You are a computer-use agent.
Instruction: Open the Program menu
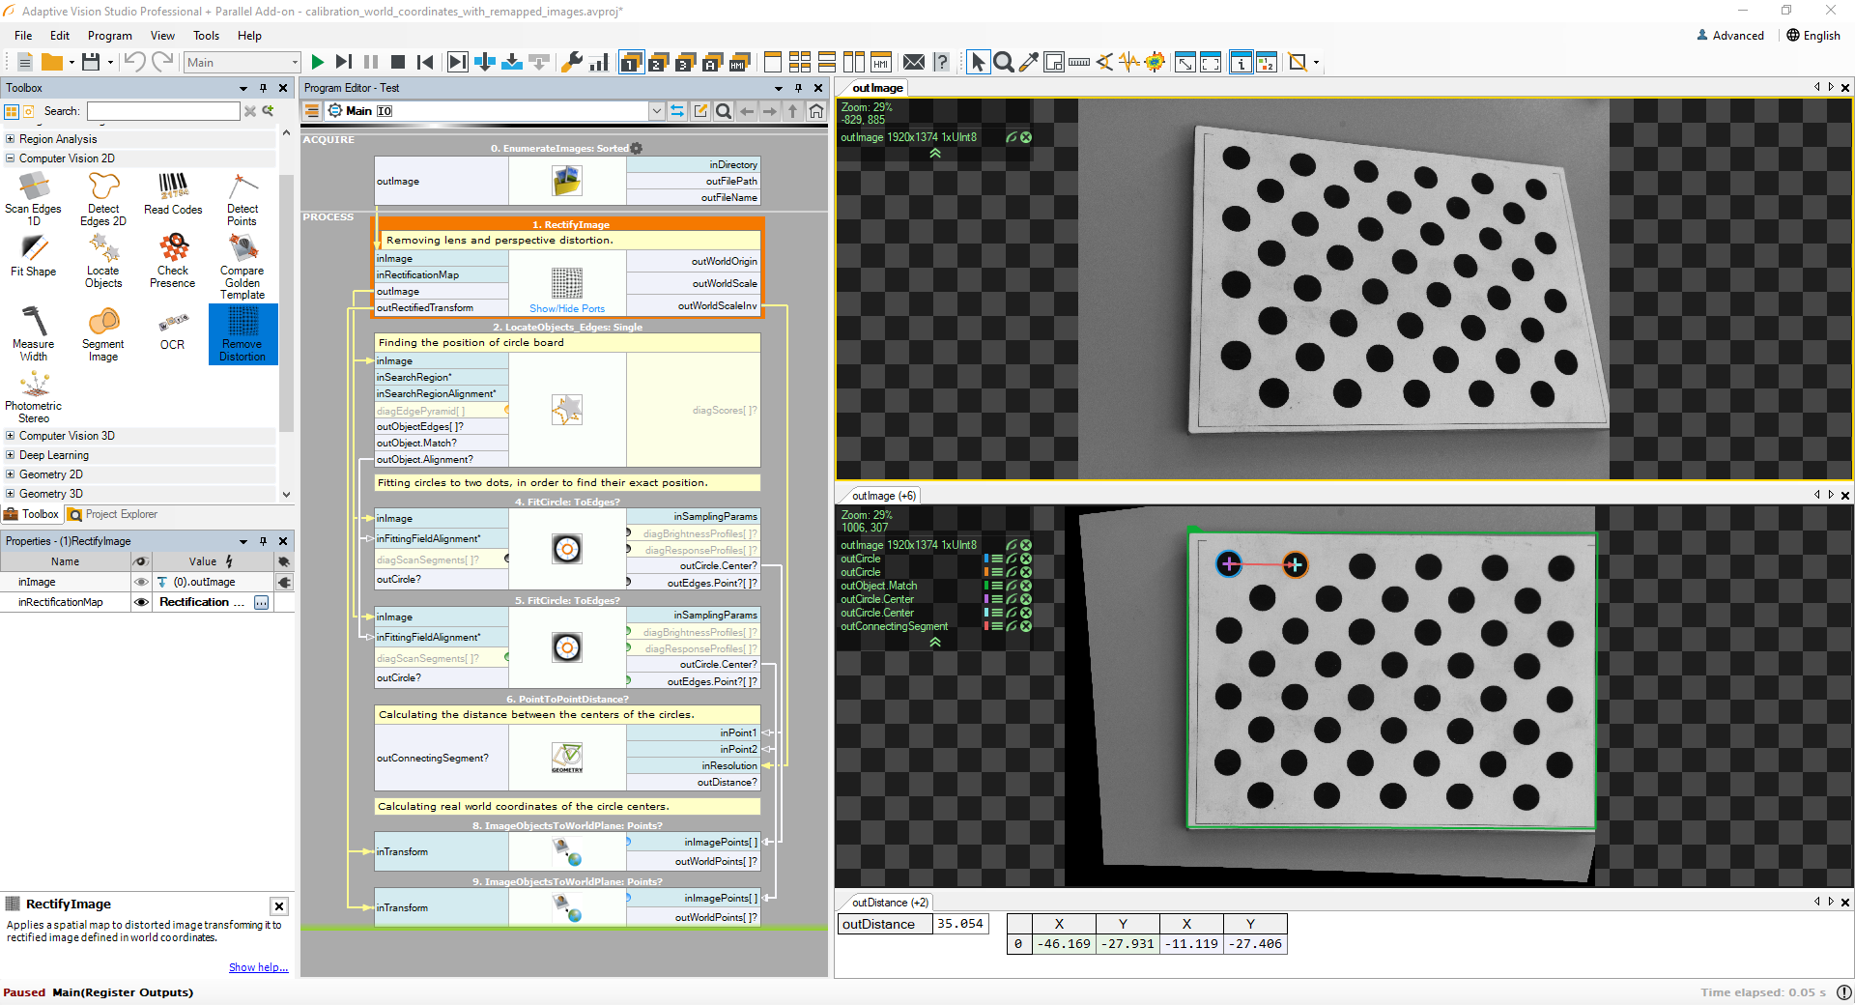click(109, 36)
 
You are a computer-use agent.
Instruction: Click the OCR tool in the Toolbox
click(172, 330)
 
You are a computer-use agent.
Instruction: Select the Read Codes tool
click(173, 193)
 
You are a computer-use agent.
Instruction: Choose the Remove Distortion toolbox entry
click(243, 333)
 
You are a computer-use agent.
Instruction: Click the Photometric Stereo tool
click(34, 396)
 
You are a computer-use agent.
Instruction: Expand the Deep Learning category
click(54, 455)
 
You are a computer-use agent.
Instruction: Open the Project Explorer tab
click(120, 515)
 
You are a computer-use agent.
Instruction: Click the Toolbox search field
click(163, 111)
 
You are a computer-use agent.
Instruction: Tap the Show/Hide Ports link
click(567, 309)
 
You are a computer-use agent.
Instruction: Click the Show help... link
click(258, 967)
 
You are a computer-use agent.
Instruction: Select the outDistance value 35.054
click(959, 924)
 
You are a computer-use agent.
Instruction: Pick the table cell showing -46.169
click(1065, 944)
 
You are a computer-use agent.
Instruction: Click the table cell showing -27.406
click(1255, 944)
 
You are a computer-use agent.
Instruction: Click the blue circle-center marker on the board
click(1229, 564)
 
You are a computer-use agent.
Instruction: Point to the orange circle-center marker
click(1295, 564)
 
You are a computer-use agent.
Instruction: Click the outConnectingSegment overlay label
click(894, 626)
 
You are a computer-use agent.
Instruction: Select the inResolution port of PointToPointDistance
click(728, 765)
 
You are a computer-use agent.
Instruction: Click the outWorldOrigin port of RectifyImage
click(724, 261)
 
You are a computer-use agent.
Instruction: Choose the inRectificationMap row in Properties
click(61, 602)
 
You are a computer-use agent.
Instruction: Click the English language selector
click(1813, 36)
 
